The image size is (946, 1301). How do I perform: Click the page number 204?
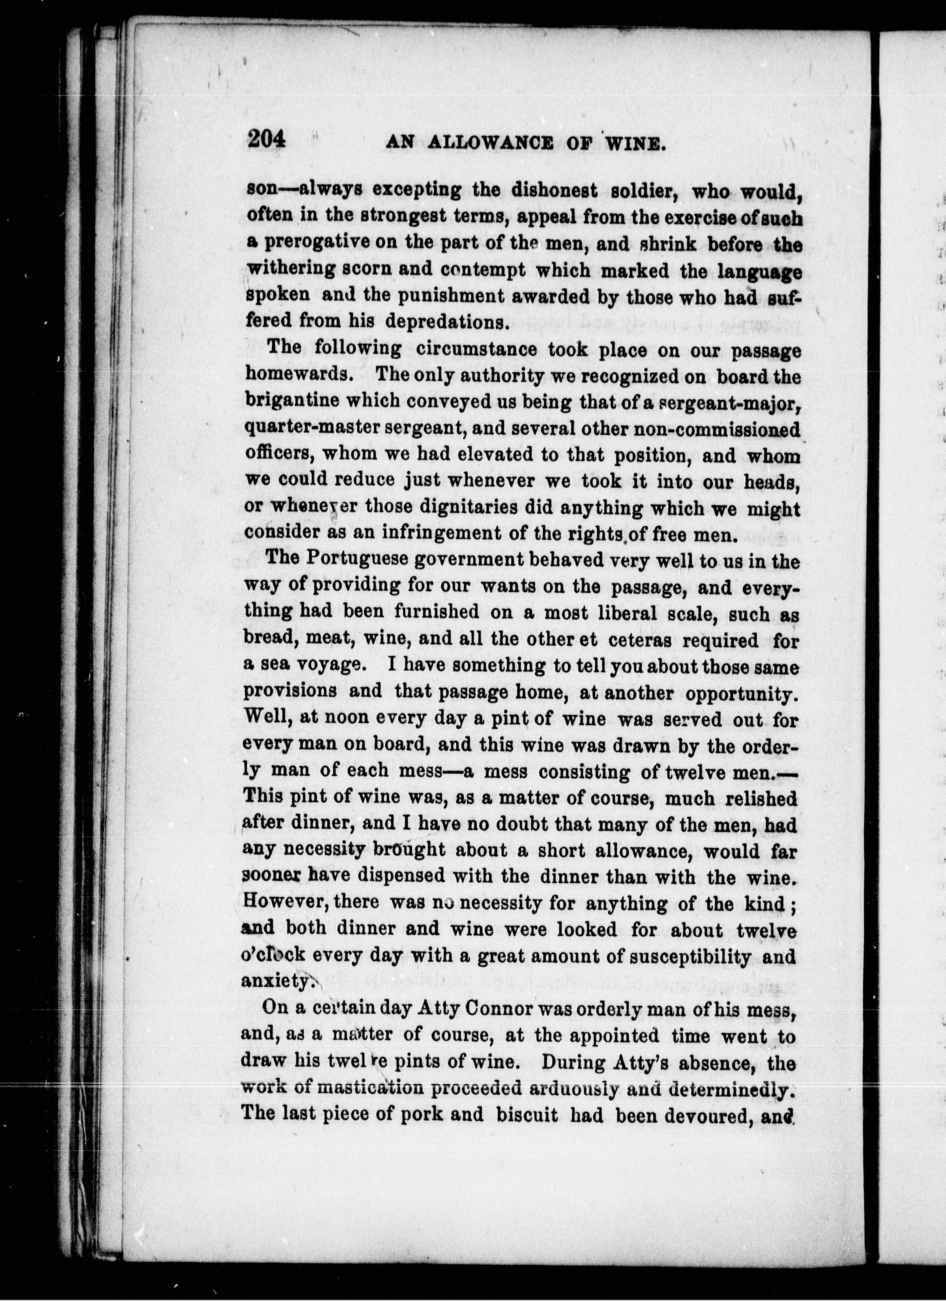(266, 140)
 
